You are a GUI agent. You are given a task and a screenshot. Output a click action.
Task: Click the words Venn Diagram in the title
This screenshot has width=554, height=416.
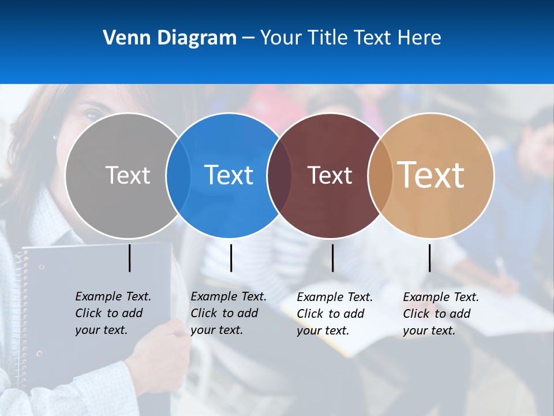point(170,38)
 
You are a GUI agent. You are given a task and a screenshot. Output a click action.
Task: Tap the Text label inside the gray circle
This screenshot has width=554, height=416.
point(128,175)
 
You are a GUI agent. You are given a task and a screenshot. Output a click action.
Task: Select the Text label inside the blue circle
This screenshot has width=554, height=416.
point(229,175)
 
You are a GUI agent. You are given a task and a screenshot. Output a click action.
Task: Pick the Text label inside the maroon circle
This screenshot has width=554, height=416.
point(330,175)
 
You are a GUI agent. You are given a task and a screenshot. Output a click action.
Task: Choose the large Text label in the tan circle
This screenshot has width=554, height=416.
point(431,175)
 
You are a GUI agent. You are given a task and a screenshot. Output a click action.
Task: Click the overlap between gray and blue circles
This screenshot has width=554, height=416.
point(178,175)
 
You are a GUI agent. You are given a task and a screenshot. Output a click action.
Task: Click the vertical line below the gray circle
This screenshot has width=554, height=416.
point(130,258)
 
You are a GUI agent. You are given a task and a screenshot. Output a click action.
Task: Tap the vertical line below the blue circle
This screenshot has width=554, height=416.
point(231,258)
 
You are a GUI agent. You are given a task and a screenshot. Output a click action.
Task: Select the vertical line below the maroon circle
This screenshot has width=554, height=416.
point(332,258)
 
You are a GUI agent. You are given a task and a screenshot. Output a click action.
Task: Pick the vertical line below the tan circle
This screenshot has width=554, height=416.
point(429,258)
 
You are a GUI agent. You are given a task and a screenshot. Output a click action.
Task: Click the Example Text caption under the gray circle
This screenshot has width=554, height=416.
point(113,313)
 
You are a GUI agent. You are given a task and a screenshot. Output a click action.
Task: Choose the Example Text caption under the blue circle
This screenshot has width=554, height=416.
point(229,313)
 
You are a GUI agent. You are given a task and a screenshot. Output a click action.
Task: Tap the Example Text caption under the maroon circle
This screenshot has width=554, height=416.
point(335,314)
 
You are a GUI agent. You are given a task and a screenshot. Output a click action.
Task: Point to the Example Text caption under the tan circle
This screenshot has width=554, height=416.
point(441,314)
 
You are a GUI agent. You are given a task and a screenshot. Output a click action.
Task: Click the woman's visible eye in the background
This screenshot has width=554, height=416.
point(91,115)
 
